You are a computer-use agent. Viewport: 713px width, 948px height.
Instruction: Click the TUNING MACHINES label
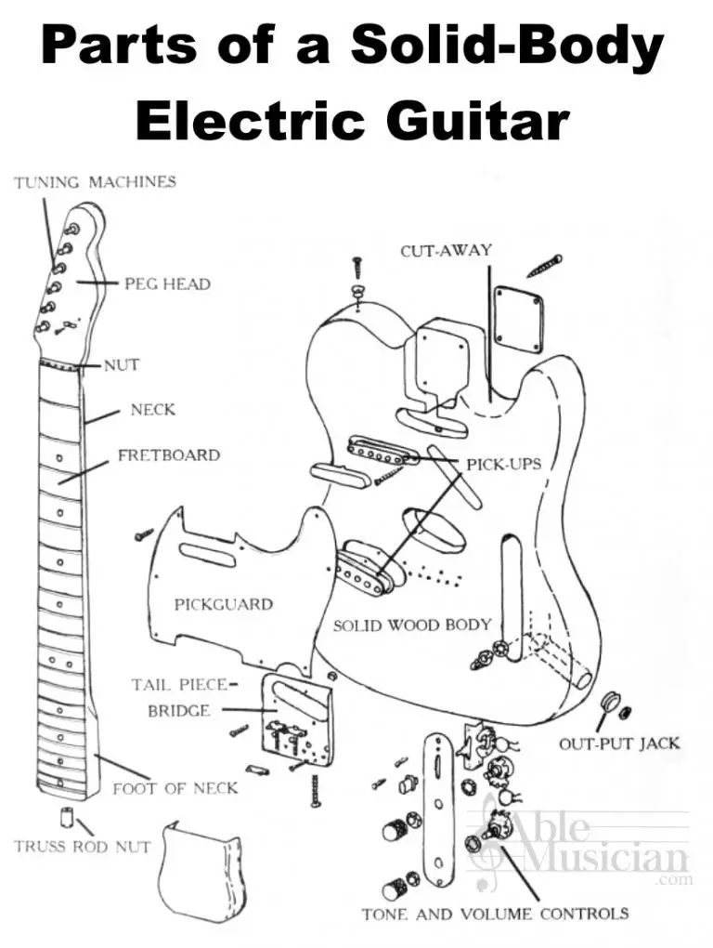coord(95,182)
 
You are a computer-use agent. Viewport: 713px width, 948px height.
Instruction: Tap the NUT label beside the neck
coord(121,365)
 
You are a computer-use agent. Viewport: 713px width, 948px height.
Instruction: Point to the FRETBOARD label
coord(168,455)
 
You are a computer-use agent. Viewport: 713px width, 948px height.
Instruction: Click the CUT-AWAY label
coord(446,251)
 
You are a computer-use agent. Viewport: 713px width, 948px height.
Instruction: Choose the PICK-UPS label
coord(503,463)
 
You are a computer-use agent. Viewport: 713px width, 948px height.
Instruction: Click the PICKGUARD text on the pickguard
coord(223,604)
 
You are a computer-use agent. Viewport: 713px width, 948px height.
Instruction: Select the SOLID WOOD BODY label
coord(411,625)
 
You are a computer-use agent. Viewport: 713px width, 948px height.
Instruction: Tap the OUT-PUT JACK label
coord(618,744)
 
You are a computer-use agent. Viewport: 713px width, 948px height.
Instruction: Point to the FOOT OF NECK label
coord(175,788)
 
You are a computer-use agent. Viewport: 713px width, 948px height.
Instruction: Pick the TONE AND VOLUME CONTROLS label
coord(495,914)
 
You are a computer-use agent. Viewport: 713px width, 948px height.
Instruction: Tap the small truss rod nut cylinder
coord(69,817)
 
